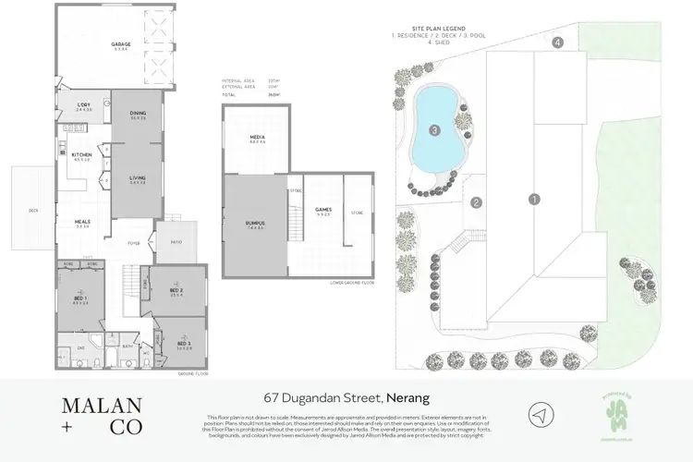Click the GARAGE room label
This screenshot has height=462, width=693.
[120, 43]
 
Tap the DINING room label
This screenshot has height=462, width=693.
[139, 114]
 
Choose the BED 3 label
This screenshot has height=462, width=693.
[184, 344]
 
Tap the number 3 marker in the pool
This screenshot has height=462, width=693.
[433, 130]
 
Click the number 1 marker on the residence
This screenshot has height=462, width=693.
[533, 199]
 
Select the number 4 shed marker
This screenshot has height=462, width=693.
[558, 43]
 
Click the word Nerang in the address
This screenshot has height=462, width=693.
[410, 398]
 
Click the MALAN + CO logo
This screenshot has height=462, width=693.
[102, 415]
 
